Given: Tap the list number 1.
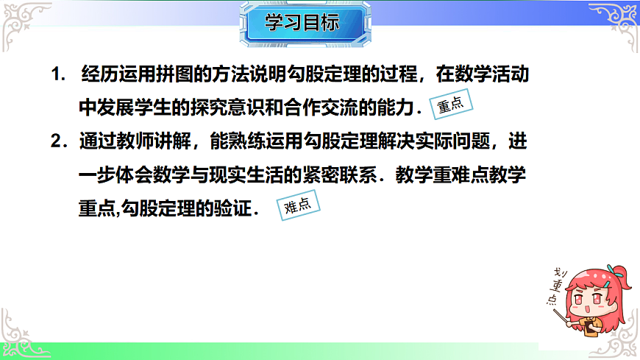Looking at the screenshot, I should click(57, 75).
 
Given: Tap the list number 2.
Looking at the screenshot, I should click(57, 140).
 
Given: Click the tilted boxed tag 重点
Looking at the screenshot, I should click(451, 105).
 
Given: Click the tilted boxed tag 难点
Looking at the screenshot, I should click(298, 206).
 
